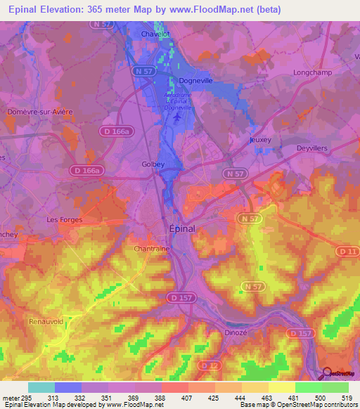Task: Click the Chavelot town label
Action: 156,33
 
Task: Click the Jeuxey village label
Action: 260,140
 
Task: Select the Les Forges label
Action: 65,219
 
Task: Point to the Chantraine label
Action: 151,249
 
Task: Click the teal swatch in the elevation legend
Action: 41,387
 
